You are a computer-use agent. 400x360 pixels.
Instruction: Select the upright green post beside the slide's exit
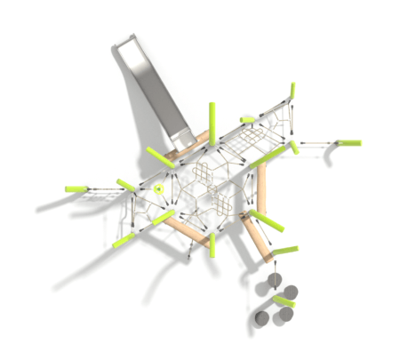point(212,119)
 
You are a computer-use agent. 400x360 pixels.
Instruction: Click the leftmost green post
point(77,188)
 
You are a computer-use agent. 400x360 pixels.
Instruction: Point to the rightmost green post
point(348,141)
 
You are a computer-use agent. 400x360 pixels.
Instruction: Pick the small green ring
point(158,188)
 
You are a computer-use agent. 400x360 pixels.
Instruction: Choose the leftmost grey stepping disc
point(261,317)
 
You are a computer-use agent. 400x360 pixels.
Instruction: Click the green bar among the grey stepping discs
point(284,302)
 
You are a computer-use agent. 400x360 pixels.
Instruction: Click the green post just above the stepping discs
point(284,251)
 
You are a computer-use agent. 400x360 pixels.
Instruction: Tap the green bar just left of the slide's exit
point(161,158)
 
